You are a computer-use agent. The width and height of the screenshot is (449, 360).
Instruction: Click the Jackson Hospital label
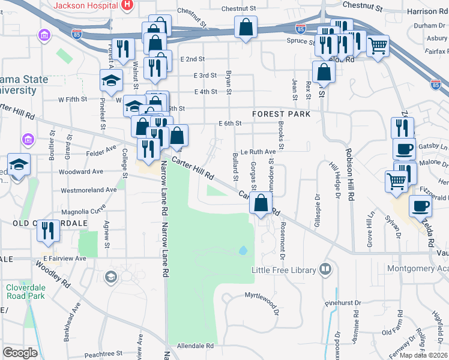[85, 5]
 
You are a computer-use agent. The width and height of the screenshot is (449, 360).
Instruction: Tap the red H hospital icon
[127, 5]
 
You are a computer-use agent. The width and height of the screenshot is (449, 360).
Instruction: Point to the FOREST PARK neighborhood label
[282, 113]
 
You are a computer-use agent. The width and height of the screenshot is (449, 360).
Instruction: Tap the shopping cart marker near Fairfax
[377, 45]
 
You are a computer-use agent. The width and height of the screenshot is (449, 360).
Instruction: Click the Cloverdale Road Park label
[26, 291]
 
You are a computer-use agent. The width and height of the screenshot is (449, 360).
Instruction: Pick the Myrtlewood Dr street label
[262, 296]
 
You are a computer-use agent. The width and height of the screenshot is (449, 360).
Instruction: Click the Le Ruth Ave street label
[258, 152]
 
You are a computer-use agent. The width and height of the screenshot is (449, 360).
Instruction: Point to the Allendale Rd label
[195, 346]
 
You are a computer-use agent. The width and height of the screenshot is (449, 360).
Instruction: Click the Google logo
[20, 352]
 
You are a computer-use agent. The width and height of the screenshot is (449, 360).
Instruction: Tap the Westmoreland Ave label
[89, 190]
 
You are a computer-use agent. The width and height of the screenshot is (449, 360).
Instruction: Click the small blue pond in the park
[243, 250]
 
